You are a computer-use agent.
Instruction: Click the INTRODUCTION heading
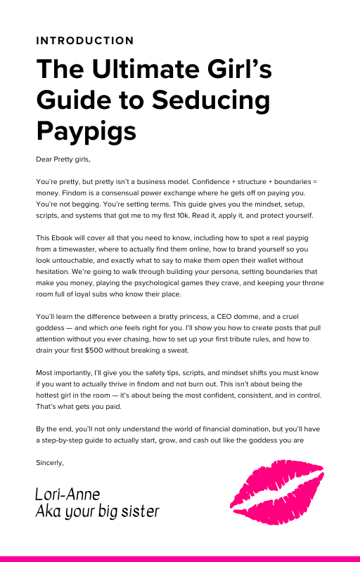pyautogui.click(x=84, y=41)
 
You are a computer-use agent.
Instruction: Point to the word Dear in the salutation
pyautogui.click(x=44, y=160)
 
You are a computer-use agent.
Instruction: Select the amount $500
pyautogui.click(x=112, y=349)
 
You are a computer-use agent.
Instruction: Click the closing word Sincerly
pyautogui.click(x=49, y=463)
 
